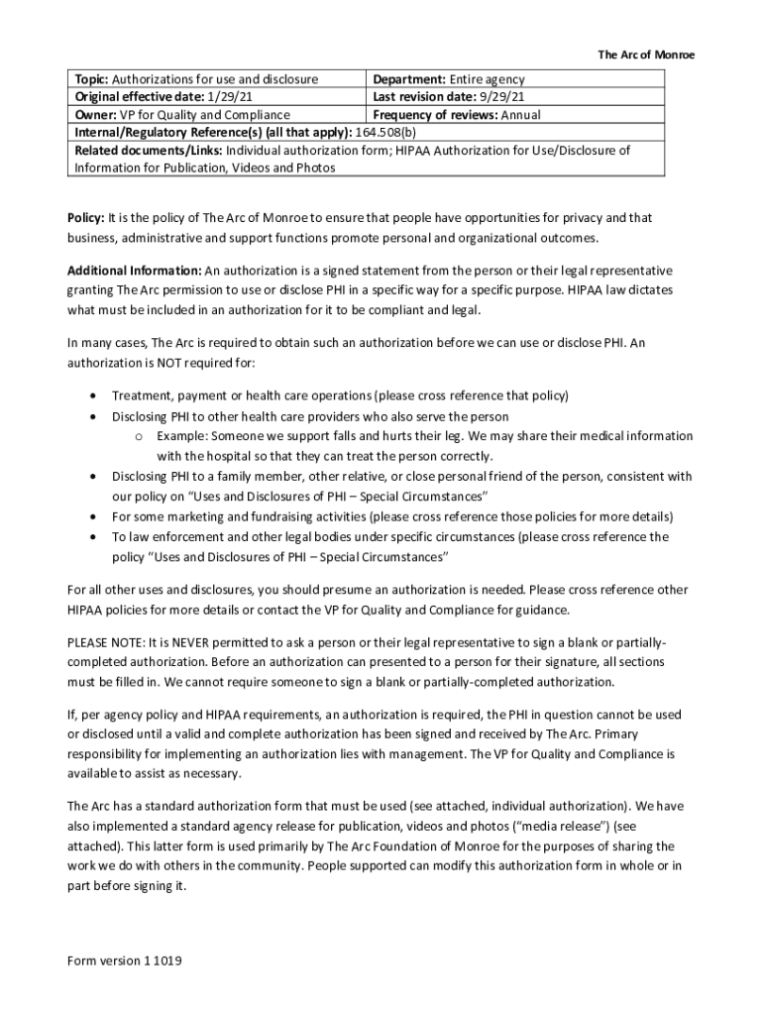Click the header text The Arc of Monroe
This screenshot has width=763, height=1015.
click(x=645, y=55)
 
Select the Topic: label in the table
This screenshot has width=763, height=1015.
click(x=92, y=79)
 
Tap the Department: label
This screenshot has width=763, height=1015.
click(x=409, y=79)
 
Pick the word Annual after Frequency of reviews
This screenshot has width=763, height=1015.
click(x=520, y=115)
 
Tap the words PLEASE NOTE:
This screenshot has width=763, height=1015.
click(x=102, y=641)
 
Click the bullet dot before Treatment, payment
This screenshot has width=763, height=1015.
click(x=92, y=396)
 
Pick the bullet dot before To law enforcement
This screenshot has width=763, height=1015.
click(x=92, y=537)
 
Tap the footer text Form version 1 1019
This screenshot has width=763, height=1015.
click(x=124, y=961)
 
